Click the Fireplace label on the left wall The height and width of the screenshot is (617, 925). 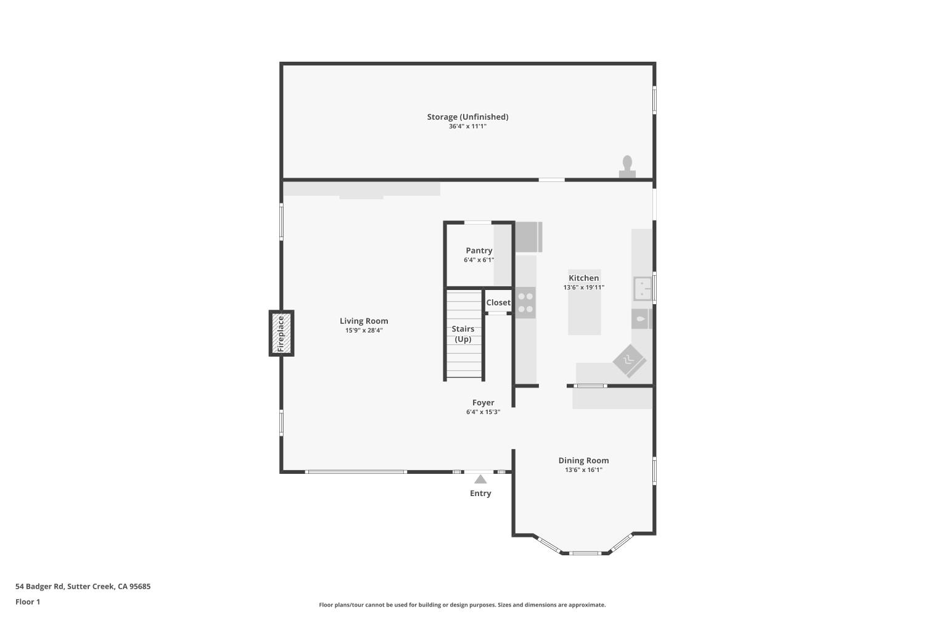(281, 334)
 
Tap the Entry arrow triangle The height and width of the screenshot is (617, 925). (480, 479)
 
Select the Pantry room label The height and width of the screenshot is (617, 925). (479, 251)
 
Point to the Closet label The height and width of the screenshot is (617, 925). (498, 302)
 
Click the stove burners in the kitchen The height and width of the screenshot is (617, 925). (525, 302)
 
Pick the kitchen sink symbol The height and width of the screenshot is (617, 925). (643, 289)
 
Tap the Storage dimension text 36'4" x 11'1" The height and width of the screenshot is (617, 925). (468, 126)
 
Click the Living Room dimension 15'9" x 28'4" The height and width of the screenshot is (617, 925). (364, 331)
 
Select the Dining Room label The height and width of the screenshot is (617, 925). (583, 460)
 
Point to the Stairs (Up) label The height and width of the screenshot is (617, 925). (463, 334)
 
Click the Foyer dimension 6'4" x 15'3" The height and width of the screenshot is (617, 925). (483, 412)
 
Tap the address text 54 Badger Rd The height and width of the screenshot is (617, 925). (39, 586)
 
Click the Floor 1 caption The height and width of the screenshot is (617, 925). (28, 602)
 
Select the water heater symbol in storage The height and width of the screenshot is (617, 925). (627, 167)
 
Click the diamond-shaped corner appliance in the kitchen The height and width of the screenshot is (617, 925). (630, 361)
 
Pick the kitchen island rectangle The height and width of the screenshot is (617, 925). (585, 302)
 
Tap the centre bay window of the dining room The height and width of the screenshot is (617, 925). (586, 553)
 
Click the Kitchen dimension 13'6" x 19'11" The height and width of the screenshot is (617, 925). (584, 288)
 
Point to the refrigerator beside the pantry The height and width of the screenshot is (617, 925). (528, 237)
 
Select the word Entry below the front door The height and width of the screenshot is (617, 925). (480, 494)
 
